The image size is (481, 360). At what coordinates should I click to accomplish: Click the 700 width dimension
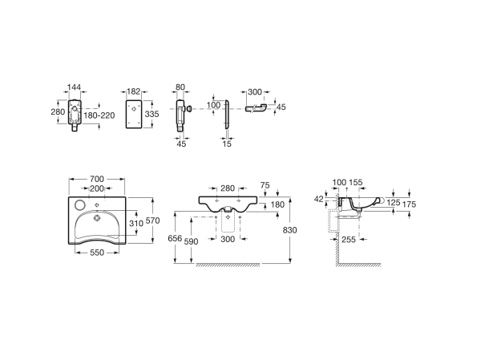97,179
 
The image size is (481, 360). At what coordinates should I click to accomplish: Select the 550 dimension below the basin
97,253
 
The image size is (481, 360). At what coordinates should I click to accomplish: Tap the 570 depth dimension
153,220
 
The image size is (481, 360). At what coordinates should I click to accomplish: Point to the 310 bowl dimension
136,223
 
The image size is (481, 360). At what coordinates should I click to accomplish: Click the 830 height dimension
290,230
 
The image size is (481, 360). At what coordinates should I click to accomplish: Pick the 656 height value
175,238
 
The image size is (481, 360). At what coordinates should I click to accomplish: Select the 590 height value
191,242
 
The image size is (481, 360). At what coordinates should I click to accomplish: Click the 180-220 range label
99,115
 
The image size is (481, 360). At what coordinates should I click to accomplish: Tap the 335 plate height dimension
152,114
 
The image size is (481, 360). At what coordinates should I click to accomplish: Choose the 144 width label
74,87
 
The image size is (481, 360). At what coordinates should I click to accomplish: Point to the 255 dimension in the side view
349,240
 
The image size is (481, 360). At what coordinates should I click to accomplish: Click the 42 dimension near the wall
319,199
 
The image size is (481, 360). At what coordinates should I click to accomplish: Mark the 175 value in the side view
409,204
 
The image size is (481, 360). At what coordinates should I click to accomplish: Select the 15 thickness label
227,144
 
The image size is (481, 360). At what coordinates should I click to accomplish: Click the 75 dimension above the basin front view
265,185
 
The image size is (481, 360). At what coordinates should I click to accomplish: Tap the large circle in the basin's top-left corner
80,204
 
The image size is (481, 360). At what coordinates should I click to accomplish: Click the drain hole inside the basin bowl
97,218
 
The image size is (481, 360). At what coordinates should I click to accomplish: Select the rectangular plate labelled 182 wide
134,114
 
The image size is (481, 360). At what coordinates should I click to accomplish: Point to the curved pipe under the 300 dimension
256,108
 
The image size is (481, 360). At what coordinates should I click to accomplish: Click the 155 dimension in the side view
356,182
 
